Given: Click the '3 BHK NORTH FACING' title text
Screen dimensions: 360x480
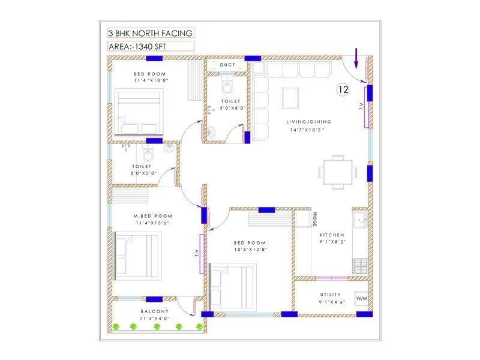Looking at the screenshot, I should pyautogui.click(x=151, y=33).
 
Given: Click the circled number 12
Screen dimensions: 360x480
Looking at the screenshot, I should pyautogui.click(x=343, y=90).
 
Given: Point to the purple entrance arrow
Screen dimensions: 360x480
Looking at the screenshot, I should pyautogui.click(x=356, y=58).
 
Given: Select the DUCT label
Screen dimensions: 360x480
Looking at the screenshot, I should pyautogui.click(x=227, y=65).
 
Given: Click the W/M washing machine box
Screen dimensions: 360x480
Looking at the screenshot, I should pyautogui.click(x=362, y=298).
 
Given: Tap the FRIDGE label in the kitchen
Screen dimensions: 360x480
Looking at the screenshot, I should pyautogui.click(x=314, y=219).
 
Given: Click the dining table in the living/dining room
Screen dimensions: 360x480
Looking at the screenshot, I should pyautogui.click(x=338, y=172).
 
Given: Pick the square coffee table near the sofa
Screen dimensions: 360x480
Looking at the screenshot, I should pyautogui.click(x=290, y=97).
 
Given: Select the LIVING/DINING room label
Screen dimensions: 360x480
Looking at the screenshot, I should pyautogui.click(x=308, y=122).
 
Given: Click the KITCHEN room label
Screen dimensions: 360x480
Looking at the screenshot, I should pyautogui.click(x=332, y=235).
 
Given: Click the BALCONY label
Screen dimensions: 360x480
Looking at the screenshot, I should pyautogui.click(x=154, y=311).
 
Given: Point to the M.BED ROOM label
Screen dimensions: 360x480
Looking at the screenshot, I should pyautogui.click(x=153, y=216).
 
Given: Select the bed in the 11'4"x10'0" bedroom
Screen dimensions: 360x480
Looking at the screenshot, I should pyautogui.click(x=138, y=113).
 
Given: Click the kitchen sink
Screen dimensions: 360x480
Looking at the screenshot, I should pyautogui.click(x=361, y=220).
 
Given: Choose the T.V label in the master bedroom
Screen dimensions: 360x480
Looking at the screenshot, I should pyautogui.click(x=196, y=253).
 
